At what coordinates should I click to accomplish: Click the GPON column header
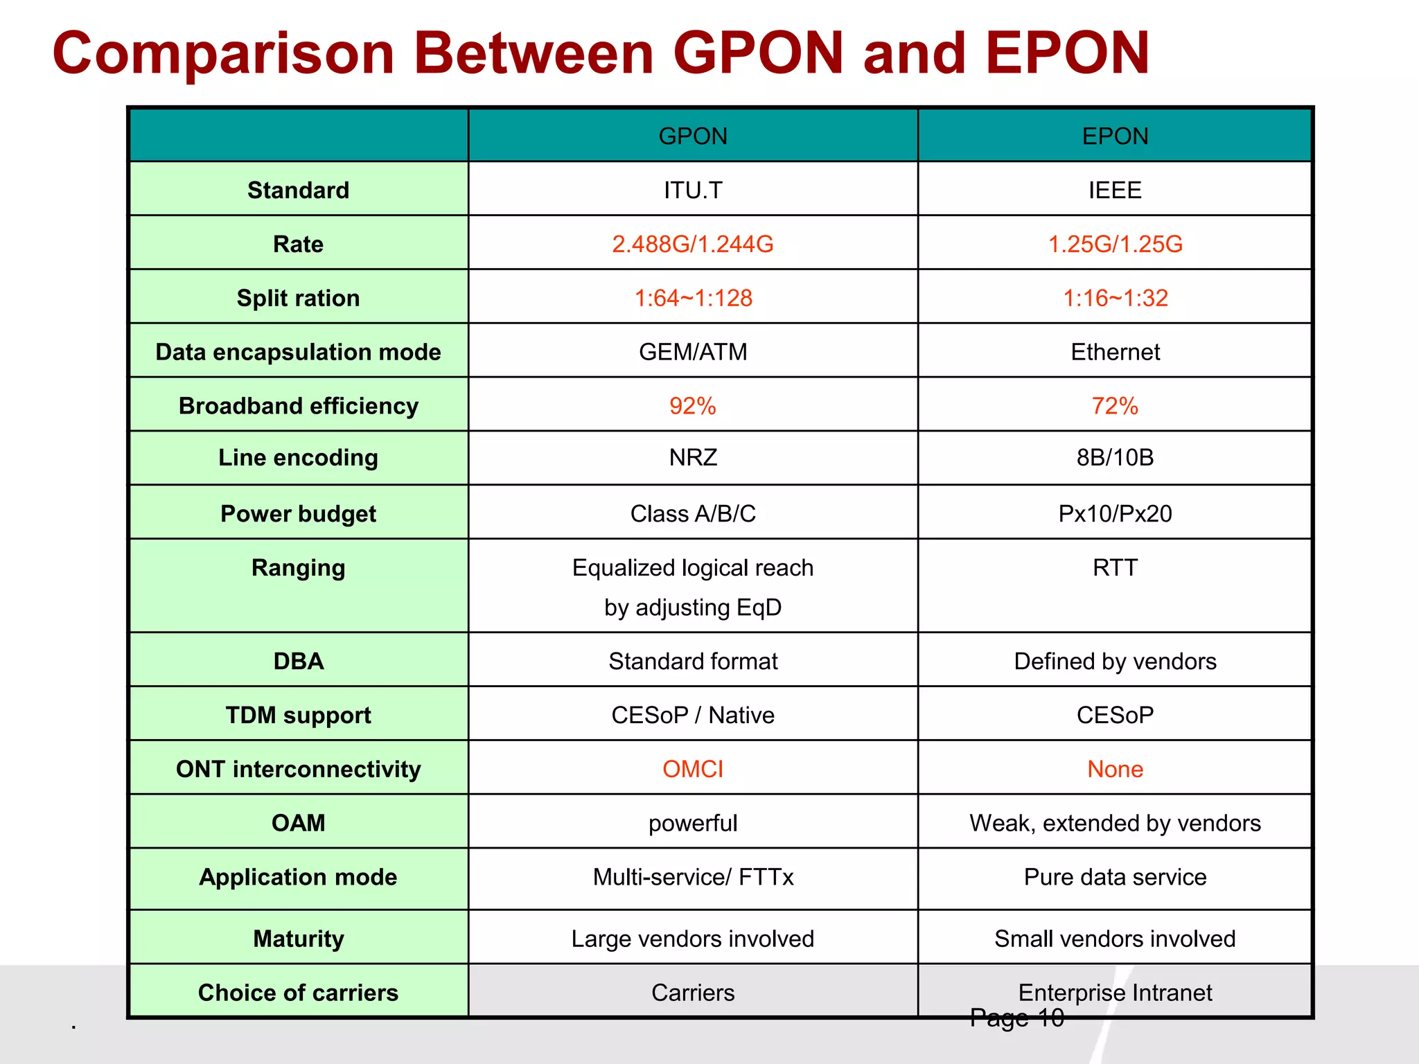[x=693, y=136]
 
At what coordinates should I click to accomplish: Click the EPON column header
[x=1115, y=136]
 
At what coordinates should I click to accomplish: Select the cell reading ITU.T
[x=693, y=190]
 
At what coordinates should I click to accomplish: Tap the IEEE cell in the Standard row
[x=1115, y=190]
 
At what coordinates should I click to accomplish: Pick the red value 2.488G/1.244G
[x=693, y=244]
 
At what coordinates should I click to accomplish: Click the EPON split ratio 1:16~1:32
[x=1115, y=298]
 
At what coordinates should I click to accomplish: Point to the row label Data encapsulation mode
[x=298, y=352]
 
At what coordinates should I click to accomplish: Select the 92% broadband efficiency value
[x=693, y=406]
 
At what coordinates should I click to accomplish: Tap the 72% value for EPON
[x=1115, y=406]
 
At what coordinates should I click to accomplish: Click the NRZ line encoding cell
[x=693, y=458]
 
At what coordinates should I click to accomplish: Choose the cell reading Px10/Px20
[x=1115, y=514]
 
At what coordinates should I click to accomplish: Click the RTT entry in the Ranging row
[x=1115, y=568]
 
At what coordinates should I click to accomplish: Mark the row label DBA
[x=298, y=661]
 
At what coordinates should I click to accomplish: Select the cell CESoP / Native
[x=693, y=715]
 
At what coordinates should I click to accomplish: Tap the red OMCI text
[x=693, y=769]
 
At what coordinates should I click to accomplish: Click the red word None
[x=1115, y=769]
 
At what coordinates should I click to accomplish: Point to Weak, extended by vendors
[x=1115, y=823]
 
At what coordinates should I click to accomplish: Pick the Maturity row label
[x=298, y=939]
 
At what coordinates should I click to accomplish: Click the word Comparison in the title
[x=223, y=54]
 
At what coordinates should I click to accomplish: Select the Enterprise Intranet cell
[x=1115, y=992]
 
